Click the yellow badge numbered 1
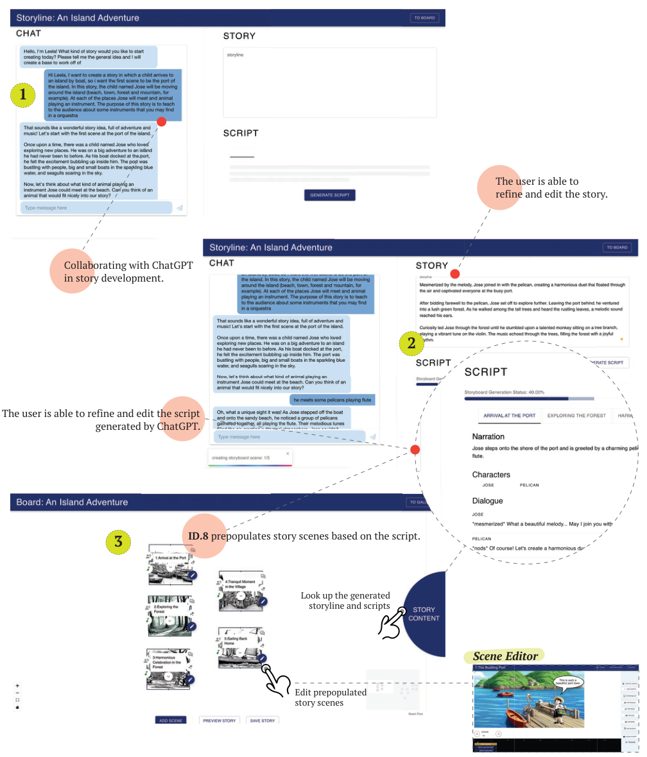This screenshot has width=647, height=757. pos(23,95)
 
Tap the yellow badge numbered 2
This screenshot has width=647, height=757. pos(411,343)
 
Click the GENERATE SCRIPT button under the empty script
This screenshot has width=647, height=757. pos(329,195)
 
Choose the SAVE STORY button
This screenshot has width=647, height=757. pos(263,720)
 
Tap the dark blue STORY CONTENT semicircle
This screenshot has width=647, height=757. pos(426,614)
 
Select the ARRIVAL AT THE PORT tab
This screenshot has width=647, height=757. pos(510,416)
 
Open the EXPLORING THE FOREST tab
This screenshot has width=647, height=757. pos(576,416)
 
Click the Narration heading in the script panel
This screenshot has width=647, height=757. pos(488,436)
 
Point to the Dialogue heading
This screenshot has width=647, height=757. pos(487,500)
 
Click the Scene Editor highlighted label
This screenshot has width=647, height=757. pos(505,656)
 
